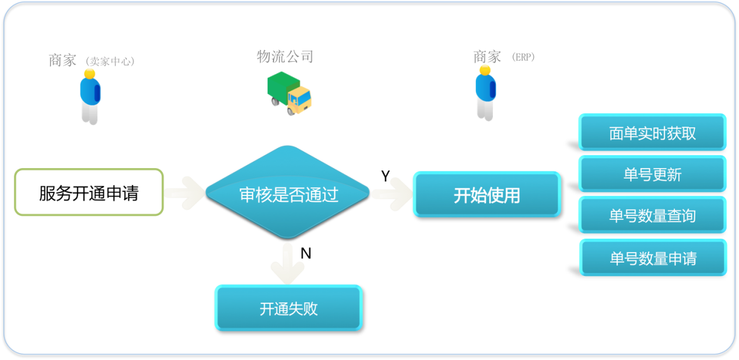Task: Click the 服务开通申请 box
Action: pos(89,193)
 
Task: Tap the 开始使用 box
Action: pos(486,195)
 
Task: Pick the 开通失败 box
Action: pos(288,308)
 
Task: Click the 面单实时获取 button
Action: pos(652,133)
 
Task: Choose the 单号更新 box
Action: pos(652,174)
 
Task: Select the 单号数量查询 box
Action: pos(652,216)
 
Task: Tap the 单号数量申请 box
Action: pos(653,258)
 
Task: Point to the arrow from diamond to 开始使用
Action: pos(391,193)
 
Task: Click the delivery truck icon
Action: pos(289,92)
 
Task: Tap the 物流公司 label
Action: pos(285,57)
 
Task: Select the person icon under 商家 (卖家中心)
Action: pos(90,96)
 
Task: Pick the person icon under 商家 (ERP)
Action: pos(485,93)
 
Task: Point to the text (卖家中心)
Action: pos(110,61)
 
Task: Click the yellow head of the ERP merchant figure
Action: pos(485,70)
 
